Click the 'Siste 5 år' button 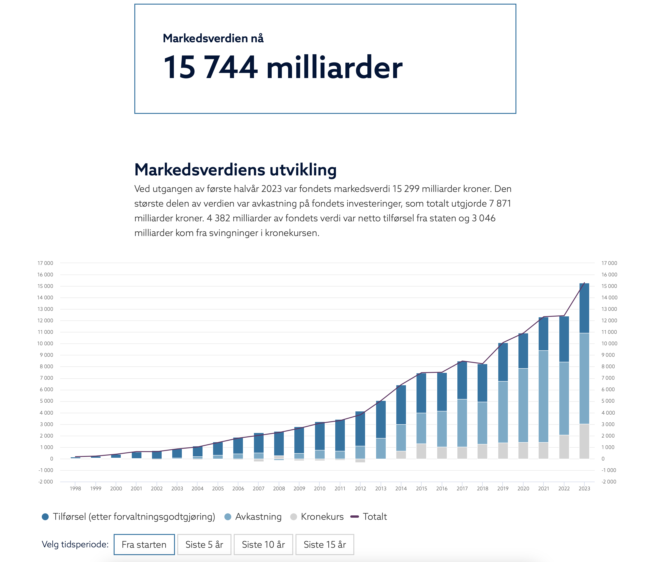click(204, 544)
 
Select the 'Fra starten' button click(144, 544)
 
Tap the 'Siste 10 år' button click(263, 544)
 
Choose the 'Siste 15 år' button click(325, 544)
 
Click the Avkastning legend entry click(258, 517)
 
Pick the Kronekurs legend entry click(322, 517)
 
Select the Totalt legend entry click(374, 517)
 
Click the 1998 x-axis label click(75, 489)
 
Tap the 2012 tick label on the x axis click(360, 489)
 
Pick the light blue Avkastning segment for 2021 click(543, 396)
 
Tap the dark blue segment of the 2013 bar click(381, 419)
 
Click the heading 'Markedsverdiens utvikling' click(235, 170)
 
